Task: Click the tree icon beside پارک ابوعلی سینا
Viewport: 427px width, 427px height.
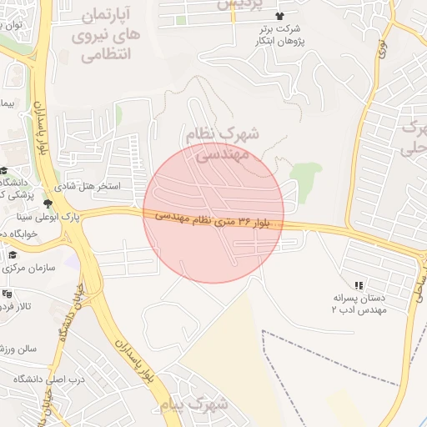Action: pyautogui.click(x=48, y=203)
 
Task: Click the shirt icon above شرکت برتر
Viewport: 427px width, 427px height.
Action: pyautogui.click(x=279, y=16)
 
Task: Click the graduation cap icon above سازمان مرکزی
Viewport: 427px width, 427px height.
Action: pyautogui.click(x=13, y=254)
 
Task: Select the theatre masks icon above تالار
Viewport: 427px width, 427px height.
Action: pyautogui.click(x=8, y=294)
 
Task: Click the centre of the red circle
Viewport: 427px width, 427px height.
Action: pyautogui.click(x=213, y=213)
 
